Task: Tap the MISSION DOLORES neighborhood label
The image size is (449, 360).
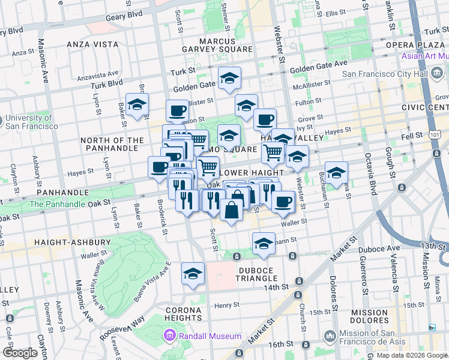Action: (370, 317)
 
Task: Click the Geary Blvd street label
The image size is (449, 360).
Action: (127, 14)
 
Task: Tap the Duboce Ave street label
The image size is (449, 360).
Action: (379, 248)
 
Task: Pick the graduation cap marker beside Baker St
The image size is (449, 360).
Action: (137, 104)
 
